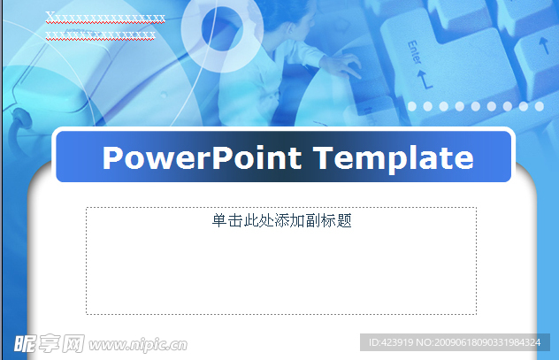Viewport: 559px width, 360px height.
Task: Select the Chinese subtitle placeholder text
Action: pos(281,221)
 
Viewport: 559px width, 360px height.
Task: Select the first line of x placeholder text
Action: pos(105,18)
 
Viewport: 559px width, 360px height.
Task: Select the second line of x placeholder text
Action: pos(101,34)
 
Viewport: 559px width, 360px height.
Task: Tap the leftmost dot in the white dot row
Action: pos(412,107)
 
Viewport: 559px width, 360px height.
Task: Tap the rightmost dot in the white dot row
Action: pos(539,107)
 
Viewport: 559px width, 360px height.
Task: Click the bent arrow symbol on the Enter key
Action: pos(425,80)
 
